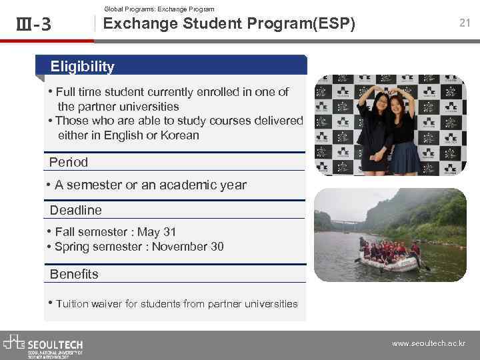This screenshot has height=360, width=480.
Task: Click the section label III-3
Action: (x=33, y=25)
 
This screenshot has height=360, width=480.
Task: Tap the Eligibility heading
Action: (x=83, y=67)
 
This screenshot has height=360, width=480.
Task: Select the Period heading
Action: (x=69, y=162)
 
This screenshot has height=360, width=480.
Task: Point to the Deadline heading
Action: (x=76, y=210)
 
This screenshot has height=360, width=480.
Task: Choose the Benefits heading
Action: (x=74, y=274)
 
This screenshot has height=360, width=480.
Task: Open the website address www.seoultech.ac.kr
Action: (x=429, y=344)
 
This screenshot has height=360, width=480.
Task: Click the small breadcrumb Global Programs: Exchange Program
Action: (x=159, y=9)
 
